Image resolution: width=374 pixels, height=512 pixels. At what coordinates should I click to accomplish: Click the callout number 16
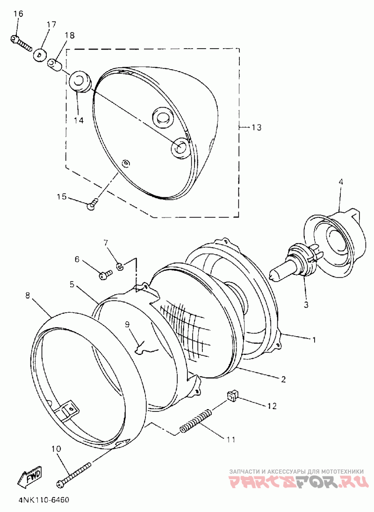click(x=19, y=14)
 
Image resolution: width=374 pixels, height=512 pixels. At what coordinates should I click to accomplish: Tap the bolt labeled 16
click(x=21, y=43)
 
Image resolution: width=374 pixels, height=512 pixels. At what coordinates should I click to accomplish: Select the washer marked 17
click(x=39, y=55)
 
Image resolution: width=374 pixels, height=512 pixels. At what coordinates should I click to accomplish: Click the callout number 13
click(x=257, y=127)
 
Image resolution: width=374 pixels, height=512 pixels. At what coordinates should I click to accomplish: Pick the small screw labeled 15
click(x=93, y=204)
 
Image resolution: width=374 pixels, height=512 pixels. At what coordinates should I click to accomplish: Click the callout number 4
click(x=340, y=181)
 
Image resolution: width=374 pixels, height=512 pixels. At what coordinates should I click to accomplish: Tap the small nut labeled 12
click(x=232, y=397)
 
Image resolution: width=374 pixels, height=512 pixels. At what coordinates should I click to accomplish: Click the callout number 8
click(x=28, y=296)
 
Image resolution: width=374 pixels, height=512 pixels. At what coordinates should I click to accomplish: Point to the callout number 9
click(x=127, y=324)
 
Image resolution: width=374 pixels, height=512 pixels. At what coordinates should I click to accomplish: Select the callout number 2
click(x=283, y=379)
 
